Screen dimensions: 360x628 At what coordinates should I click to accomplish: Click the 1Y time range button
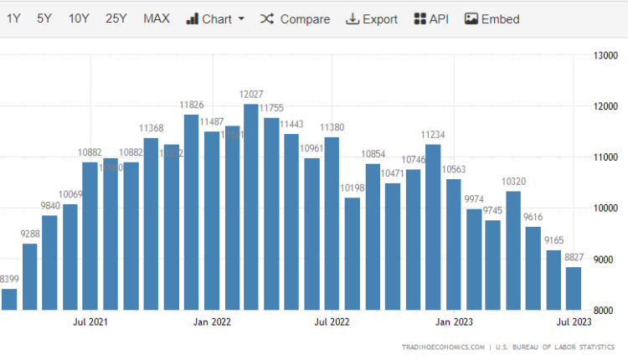pyautogui.click(x=13, y=18)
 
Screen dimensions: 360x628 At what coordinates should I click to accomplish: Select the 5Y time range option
pyautogui.click(x=44, y=18)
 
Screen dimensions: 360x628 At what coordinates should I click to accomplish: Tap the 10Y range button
pyautogui.click(x=79, y=18)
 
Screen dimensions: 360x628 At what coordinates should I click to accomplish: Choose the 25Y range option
pyautogui.click(x=116, y=18)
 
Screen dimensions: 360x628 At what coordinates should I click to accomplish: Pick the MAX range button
pyautogui.click(x=156, y=18)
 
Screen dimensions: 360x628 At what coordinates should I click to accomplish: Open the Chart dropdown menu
pyautogui.click(x=215, y=18)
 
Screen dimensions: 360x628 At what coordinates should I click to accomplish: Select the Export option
pyautogui.click(x=372, y=18)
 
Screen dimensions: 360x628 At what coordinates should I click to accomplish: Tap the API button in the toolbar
pyautogui.click(x=431, y=18)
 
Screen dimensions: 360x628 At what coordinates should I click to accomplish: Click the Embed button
pyautogui.click(x=492, y=18)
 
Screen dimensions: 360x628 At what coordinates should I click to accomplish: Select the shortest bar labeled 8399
pyautogui.click(x=9, y=299)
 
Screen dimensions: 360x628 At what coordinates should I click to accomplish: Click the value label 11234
pyautogui.click(x=433, y=134)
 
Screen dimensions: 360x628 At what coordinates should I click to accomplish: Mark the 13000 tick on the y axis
pyautogui.click(x=605, y=55)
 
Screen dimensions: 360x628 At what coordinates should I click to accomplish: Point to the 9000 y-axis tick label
pyautogui.click(x=605, y=259)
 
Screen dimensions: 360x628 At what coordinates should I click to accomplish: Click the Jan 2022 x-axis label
pyautogui.click(x=211, y=321)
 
